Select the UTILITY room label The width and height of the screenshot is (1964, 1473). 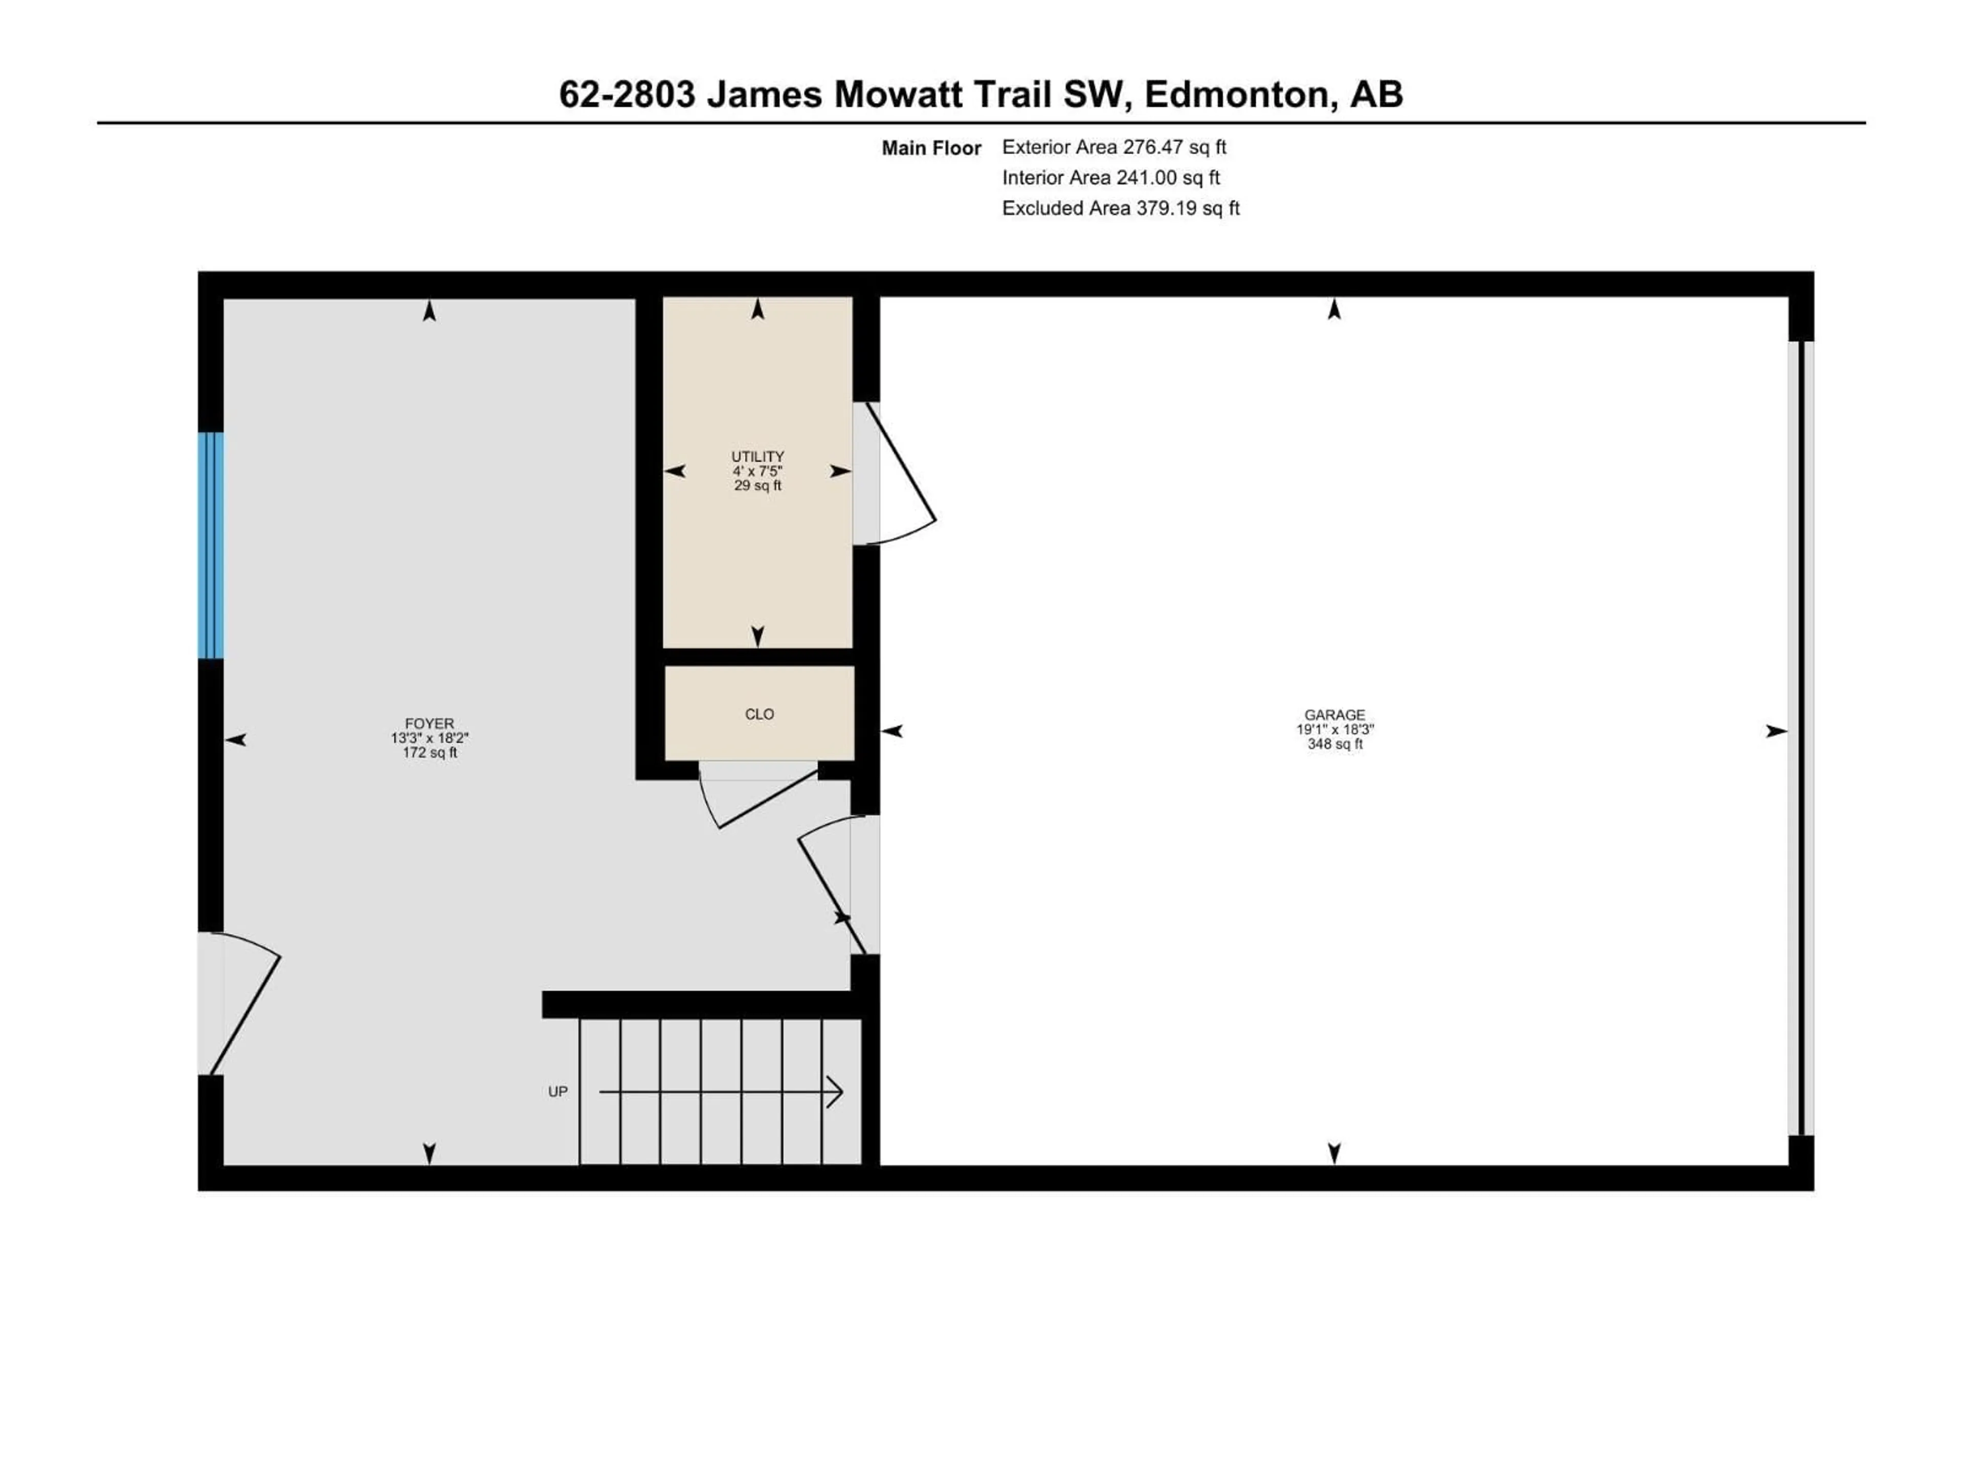coord(757,456)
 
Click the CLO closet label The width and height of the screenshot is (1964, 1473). coord(759,714)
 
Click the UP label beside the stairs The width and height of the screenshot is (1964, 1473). coord(557,1091)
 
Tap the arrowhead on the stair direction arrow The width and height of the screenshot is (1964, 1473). coord(835,1091)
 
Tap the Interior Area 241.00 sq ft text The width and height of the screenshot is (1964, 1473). coord(1111,177)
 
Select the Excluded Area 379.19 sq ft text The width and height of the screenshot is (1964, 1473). coord(1121,208)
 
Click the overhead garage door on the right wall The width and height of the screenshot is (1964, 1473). coord(1802,737)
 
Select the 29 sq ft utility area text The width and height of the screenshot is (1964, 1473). coord(757,486)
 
